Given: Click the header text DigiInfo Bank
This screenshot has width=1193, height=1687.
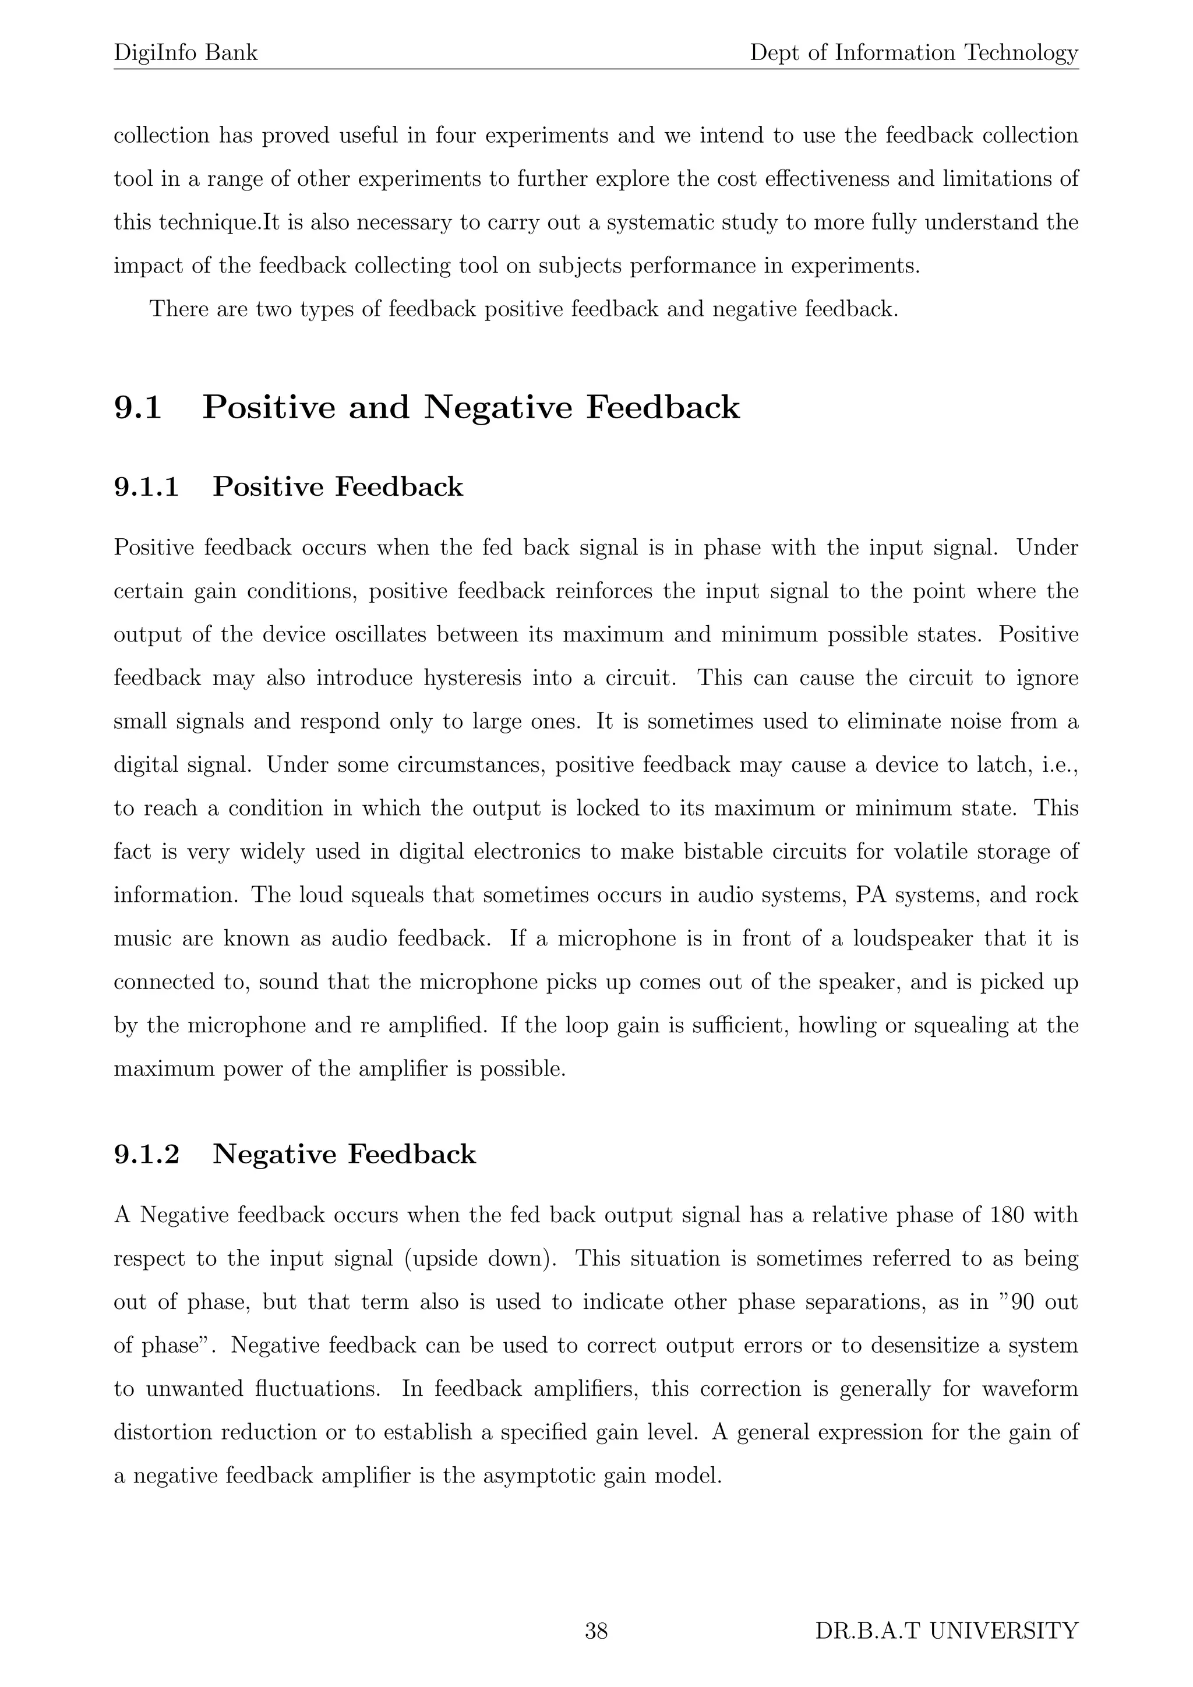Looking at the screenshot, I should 185,53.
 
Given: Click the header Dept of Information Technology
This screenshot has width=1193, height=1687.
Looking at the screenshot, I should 914,53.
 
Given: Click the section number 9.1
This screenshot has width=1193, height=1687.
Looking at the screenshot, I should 137,408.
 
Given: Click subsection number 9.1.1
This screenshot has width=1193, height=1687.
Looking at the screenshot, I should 146,487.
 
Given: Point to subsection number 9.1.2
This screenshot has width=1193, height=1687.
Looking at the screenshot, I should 146,1155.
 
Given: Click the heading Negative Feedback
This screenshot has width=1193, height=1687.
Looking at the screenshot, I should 344,1155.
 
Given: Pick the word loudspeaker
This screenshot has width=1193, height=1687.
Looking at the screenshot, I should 913,938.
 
